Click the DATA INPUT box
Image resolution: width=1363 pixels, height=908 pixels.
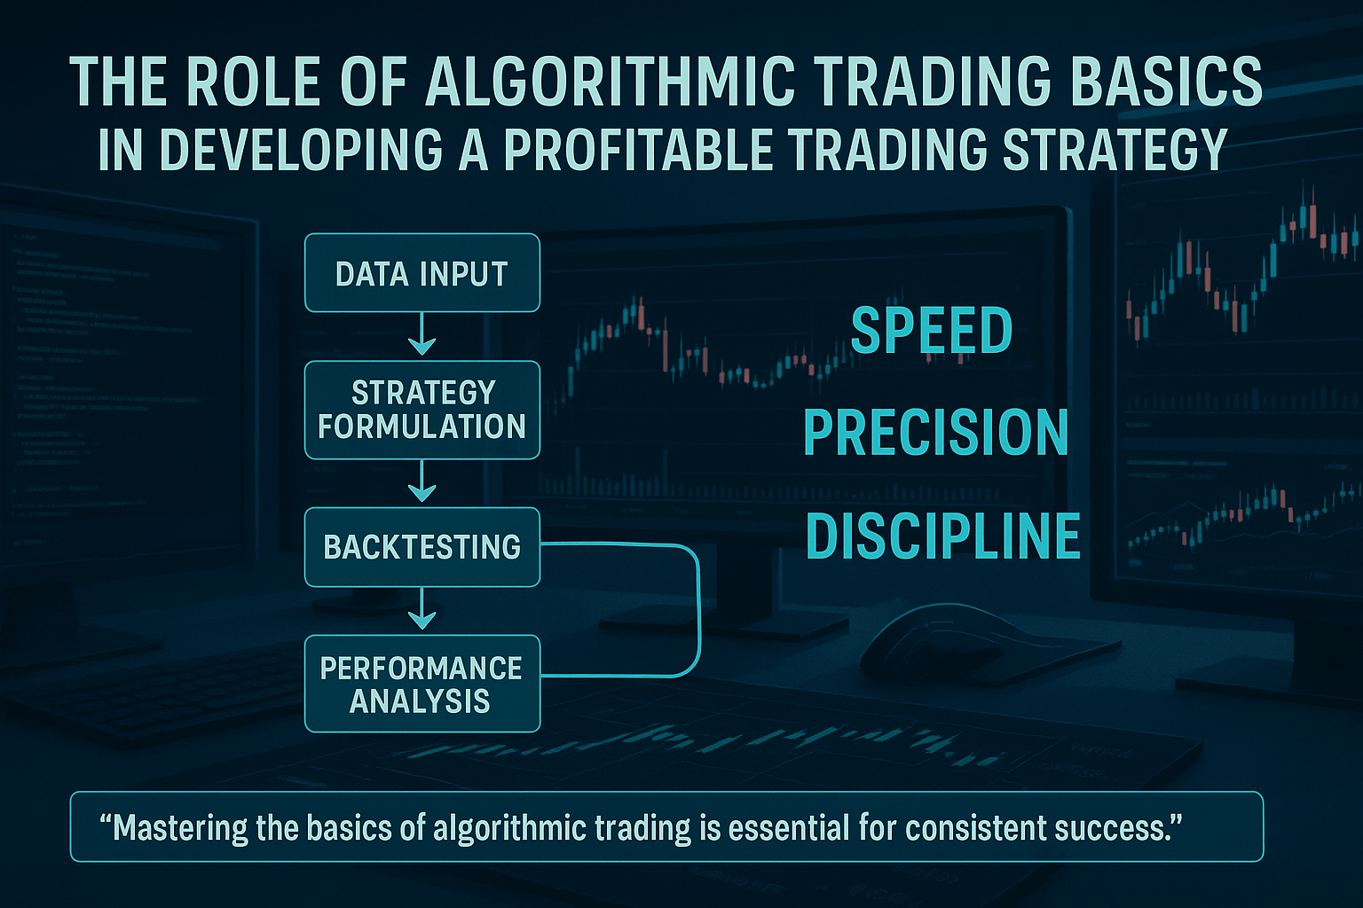[422, 272]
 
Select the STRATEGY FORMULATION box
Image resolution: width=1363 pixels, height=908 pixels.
[422, 410]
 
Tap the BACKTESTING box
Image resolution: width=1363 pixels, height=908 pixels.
[422, 547]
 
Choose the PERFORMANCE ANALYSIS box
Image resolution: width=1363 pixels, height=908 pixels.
[422, 684]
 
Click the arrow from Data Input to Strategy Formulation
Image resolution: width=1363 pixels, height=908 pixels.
[422, 334]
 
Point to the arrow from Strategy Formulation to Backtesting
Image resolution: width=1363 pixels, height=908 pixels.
[422, 481]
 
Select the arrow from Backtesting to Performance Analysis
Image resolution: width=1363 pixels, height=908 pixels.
[422, 608]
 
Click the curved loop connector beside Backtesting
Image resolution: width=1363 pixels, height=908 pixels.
[699, 608]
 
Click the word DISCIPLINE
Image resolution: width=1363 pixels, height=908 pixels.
[942, 536]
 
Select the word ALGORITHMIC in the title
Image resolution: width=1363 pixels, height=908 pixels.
[610, 82]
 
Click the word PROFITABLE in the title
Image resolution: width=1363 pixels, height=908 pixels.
[638, 149]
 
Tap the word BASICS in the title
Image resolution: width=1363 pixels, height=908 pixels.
[1165, 82]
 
